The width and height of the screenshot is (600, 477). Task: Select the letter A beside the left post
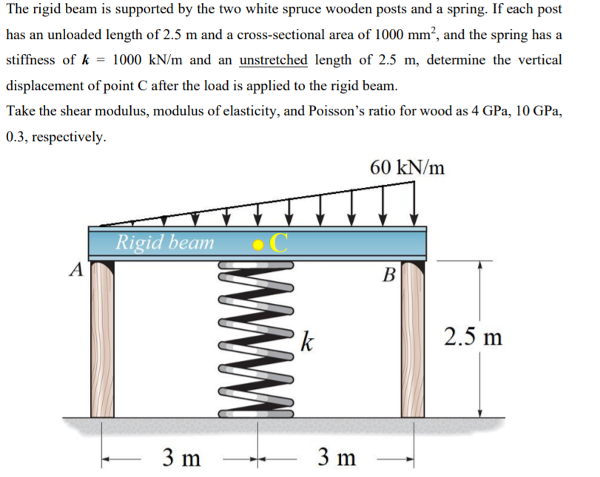[x=75, y=270]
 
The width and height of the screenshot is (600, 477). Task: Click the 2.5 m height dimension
[x=473, y=336]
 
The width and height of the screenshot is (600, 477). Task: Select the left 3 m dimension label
[x=181, y=458]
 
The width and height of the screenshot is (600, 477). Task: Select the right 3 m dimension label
[x=335, y=458]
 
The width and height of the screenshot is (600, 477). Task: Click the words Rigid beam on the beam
[x=164, y=242]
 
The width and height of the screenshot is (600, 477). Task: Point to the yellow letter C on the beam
[x=280, y=243]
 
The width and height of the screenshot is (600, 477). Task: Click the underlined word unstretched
[x=274, y=60]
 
